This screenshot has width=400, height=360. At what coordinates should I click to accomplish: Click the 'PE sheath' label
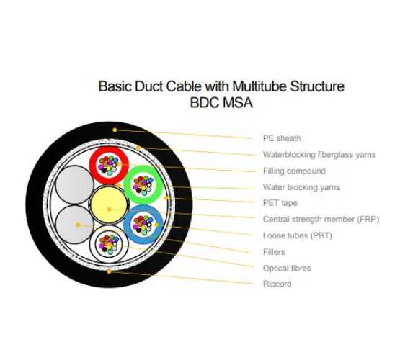pos(282,138)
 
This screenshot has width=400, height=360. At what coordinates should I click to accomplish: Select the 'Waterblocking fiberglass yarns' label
pos(319,155)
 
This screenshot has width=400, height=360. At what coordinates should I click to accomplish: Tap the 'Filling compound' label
pos(294,171)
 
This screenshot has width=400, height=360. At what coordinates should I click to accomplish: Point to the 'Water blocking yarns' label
pos(301,187)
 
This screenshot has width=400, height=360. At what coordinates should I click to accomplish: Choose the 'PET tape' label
pos(280,203)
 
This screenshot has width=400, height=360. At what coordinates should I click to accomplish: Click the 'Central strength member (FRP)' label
pos(321,220)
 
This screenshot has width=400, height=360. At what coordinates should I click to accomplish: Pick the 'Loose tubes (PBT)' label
pos(298,235)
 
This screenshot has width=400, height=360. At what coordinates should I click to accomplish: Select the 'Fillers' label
pos(274,252)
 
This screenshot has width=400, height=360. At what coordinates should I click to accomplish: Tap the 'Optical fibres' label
pos(287,269)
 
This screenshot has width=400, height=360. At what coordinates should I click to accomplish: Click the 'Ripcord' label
pos(277,284)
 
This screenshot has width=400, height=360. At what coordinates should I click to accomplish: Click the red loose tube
pos(94,165)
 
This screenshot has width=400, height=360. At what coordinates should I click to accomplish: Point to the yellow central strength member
pos(109,204)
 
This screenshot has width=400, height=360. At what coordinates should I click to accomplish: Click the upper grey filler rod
pos(75,185)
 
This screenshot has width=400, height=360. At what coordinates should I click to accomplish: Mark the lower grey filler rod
pos(75,225)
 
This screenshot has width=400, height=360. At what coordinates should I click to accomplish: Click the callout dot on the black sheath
pos(115,130)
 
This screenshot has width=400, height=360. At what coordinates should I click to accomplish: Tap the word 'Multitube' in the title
pos(259,86)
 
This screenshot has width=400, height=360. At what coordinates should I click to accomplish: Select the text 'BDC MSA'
pos(221,103)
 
